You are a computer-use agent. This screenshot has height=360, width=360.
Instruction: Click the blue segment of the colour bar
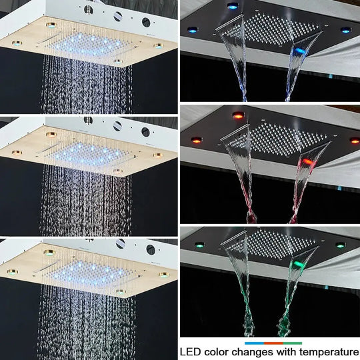coord(254,343)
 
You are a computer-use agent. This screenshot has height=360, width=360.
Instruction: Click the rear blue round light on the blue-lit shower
coord(233,6)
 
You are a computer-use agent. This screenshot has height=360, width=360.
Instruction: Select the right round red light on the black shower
coord(354,141)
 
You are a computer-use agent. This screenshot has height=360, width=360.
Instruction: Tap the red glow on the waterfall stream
coord(307,162)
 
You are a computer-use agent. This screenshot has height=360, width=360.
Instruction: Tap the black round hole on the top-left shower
coord(146,22)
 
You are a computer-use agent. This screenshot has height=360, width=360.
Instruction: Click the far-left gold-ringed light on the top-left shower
coord(17,43)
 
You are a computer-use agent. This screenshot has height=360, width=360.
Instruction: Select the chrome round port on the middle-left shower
coord(118,126)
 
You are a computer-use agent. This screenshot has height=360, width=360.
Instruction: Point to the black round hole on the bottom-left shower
coord(150,249)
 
